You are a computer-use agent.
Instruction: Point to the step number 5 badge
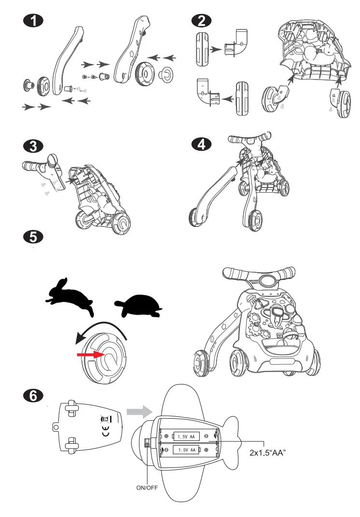(x=33, y=237)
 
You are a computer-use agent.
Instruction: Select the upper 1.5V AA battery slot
(x=186, y=436)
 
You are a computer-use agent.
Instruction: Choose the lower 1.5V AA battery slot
(x=186, y=450)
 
